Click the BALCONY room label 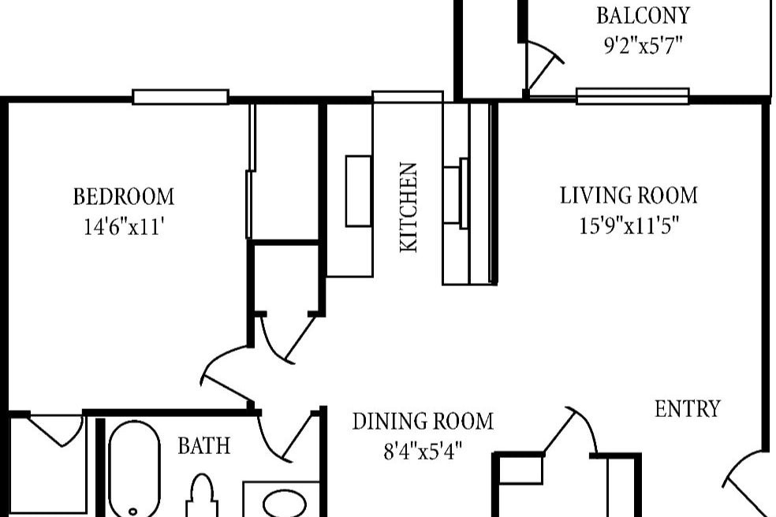[x=643, y=16]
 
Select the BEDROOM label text [x=123, y=196]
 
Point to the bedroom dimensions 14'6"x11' [x=123, y=227]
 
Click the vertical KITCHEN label [x=409, y=207]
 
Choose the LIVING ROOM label [x=629, y=195]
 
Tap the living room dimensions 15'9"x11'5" [x=629, y=226]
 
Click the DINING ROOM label [x=423, y=422]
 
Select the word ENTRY [x=688, y=409]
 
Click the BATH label [x=204, y=446]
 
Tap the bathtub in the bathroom [x=133, y=469]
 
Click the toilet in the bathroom [x=202, y=497]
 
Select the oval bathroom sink [x=281, y=503]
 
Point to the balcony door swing [x=543, y=67]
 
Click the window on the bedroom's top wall [x=180, y=97]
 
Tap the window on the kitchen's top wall [x=407, y=97]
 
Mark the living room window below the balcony [x=632, y=96]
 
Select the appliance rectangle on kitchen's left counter [x=358, y=191]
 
